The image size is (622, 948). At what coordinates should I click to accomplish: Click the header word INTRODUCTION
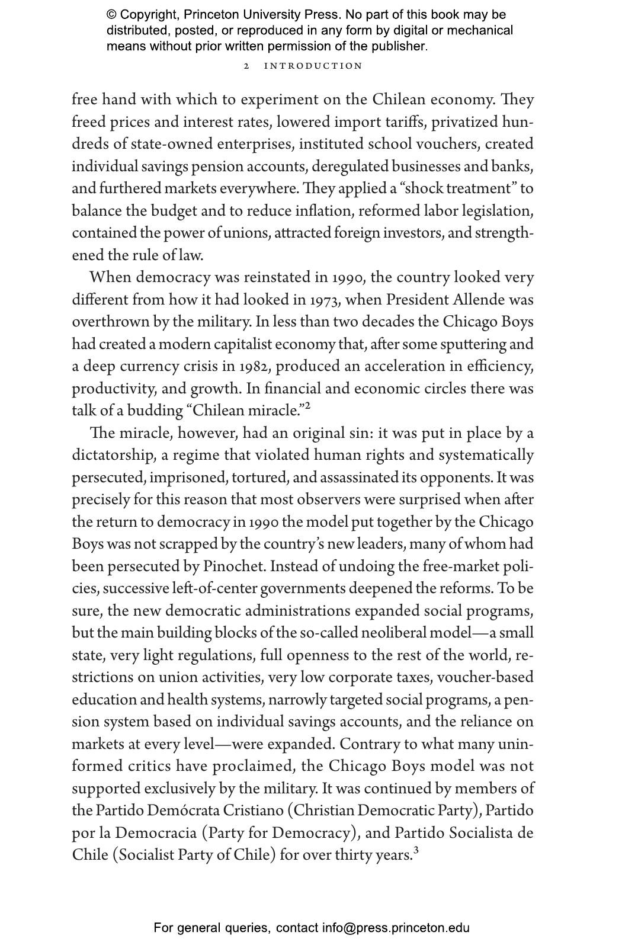313,66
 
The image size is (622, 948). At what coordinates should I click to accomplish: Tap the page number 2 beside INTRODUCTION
246,66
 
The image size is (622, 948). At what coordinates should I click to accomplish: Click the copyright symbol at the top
111,15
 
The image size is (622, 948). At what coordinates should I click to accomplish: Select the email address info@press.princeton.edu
396,928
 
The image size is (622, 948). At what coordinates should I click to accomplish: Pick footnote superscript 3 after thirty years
416,851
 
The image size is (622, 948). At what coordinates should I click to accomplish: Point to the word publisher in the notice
399,46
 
